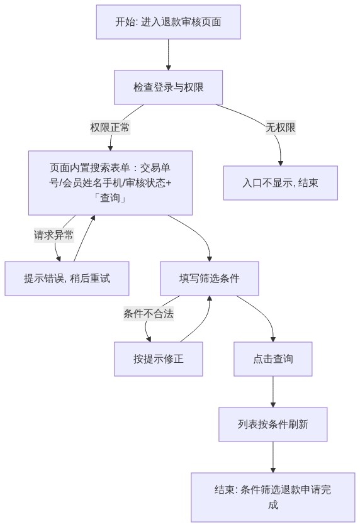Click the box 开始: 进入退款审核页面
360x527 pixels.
click(x=168, y=22)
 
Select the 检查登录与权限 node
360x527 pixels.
click(x=168, y=87)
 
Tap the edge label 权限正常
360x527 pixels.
click(x=110, y=128)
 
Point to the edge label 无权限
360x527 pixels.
click(x=281, y=128)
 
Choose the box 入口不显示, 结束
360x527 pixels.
click(x=281, y=183)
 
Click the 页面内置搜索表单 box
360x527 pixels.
click(x=110, y=183)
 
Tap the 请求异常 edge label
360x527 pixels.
click(x=54, y=235)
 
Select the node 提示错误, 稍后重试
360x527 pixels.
click(x=67, y=279)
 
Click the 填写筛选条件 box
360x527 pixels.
click(x=210, y=279)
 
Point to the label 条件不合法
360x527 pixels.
click(x=149, y=314)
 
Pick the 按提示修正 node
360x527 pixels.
click(x=159, y=359)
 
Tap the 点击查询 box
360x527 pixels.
click(x=273, y=359)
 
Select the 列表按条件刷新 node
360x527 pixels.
click(x=273, y=424)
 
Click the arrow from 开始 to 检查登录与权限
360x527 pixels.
click(x=168, y=55)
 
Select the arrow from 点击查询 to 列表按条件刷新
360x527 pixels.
click(x=273, y=392)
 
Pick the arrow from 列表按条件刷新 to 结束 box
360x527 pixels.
click(x=273, y=457)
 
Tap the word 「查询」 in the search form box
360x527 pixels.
click(x=110, y=198)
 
